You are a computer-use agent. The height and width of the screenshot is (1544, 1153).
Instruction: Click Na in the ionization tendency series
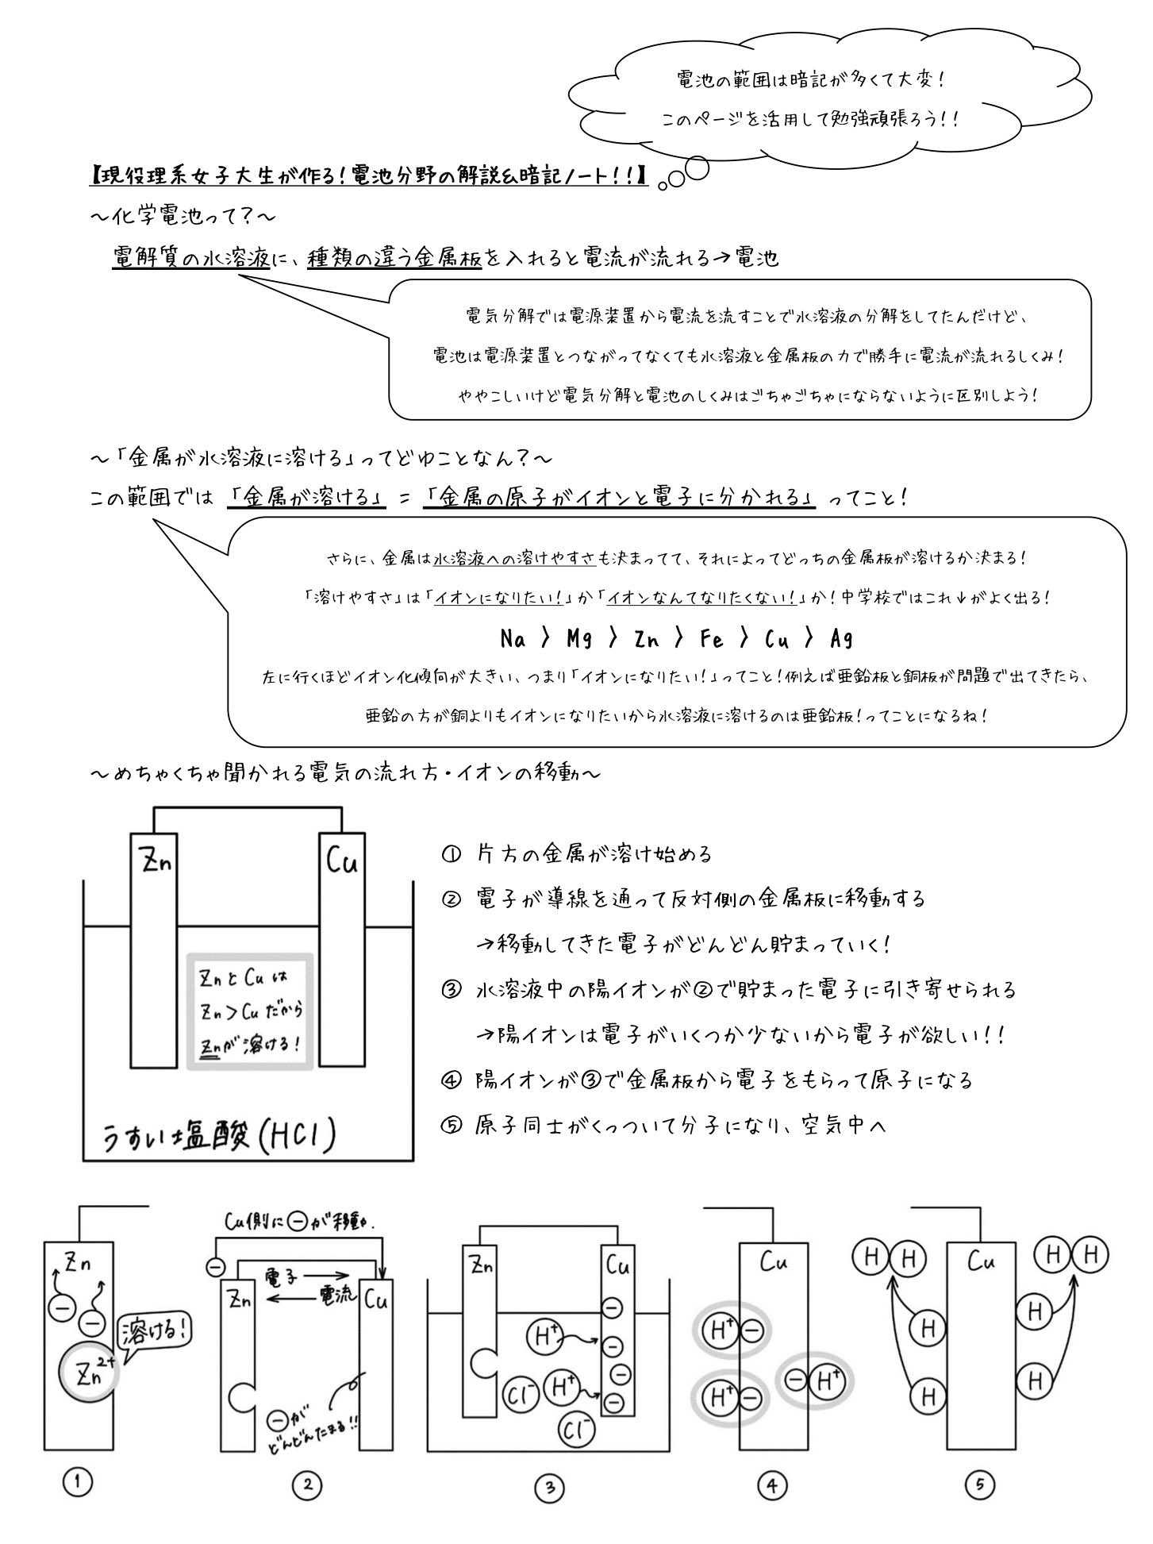pos(514,638)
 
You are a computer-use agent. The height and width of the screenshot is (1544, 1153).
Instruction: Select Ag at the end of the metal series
pos(841,638)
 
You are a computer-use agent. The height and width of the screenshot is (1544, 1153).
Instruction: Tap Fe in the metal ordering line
pos(711,638)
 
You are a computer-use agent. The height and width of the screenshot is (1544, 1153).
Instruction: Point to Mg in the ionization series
pos(579,638)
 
